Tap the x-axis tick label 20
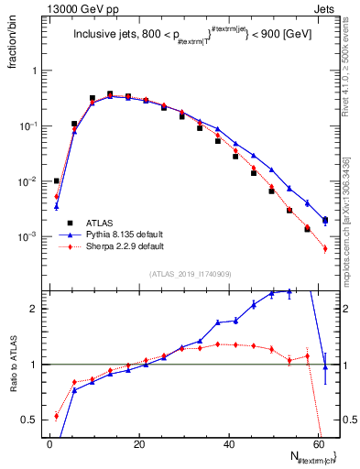coord(139,443)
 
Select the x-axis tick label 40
coord(229,443)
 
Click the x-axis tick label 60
coord(319,443)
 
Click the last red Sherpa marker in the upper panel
coord(325,248)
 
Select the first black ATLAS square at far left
coord(56,180)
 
